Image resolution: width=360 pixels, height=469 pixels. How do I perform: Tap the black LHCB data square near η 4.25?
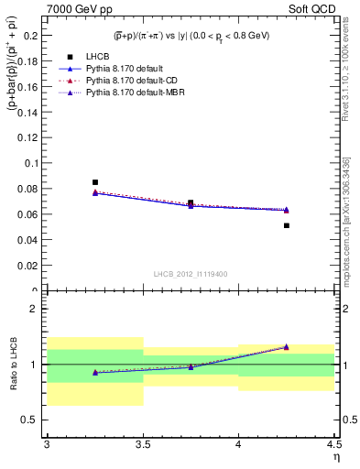(287, 225)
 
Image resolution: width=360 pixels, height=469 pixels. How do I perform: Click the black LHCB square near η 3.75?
(191, 202)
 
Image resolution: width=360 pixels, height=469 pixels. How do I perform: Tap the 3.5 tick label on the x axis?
(143, 445)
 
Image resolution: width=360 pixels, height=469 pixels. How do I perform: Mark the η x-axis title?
(335, 456)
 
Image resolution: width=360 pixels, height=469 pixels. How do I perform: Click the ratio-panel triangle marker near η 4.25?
(287, 347)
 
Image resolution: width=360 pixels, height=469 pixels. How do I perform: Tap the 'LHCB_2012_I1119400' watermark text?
(191, 274)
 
